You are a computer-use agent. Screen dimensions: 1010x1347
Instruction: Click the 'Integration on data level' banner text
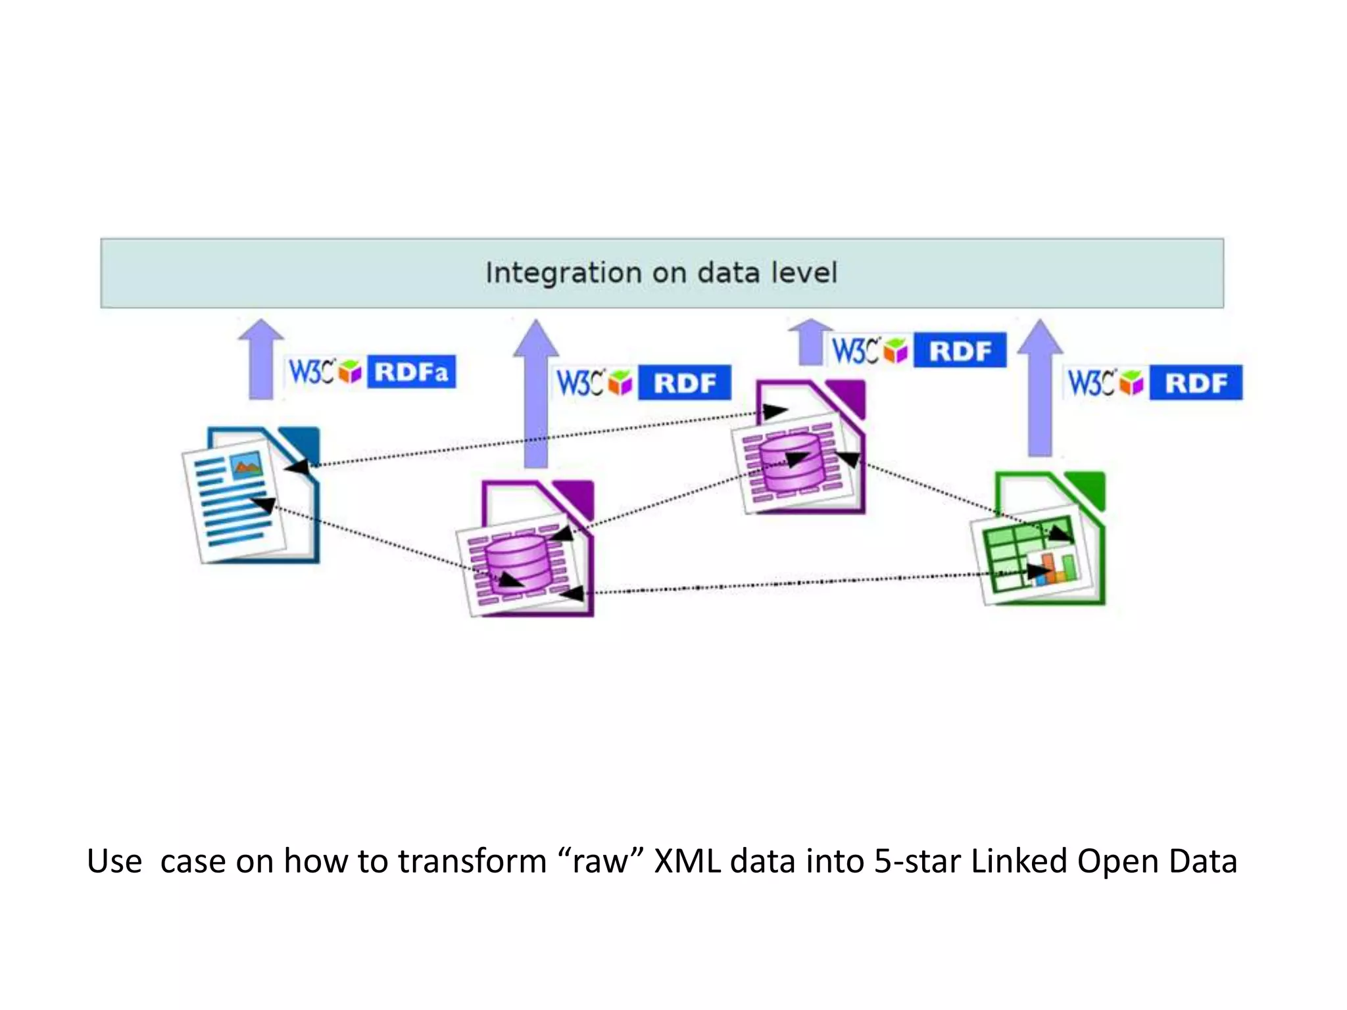pyautogui.click(x=661, y=273)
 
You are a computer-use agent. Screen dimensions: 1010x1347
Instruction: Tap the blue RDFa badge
pyautogui.click(x=411, y=372)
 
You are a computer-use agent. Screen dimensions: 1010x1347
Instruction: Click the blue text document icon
pyautogui.click(x=253, y=496)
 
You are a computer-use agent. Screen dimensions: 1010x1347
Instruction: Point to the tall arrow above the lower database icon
pyautogui.click(x=536, y=395)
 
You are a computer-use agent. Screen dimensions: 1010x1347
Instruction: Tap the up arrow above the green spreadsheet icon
pyautogui.click(x=1040, y=388)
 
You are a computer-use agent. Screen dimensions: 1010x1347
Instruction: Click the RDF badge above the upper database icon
pyautogui.click(x=960, y=351)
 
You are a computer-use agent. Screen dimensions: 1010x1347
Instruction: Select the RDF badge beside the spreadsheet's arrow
pyautogui.click(x=1196, y=383)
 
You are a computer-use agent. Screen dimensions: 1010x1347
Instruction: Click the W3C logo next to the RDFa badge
pyautogui.click(x=312, y=372)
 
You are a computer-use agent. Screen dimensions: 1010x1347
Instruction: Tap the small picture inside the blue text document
pyautogui.click(x=247, y=466)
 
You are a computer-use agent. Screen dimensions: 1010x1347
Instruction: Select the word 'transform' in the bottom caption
pyautogui.click(x=472, y=861)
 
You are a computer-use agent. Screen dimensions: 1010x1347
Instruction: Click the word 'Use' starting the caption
pyautogui.click(x=114, y=861)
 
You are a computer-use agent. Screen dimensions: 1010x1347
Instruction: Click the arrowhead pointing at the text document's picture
pyautogui.click(x=298, y=468)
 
